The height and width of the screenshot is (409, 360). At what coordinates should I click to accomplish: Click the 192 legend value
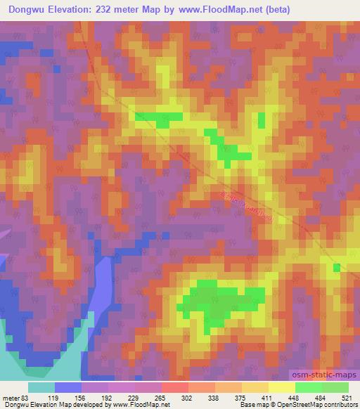[108, 397]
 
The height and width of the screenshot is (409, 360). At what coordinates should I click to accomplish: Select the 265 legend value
[160, 397]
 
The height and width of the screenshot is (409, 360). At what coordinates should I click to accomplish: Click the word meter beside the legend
[9, 397]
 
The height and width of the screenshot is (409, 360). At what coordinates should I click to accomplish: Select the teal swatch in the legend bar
[41, 387]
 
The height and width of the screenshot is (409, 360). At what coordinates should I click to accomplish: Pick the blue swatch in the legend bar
[68, 387]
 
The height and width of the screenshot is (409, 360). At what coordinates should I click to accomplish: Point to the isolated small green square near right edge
[336, 267]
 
